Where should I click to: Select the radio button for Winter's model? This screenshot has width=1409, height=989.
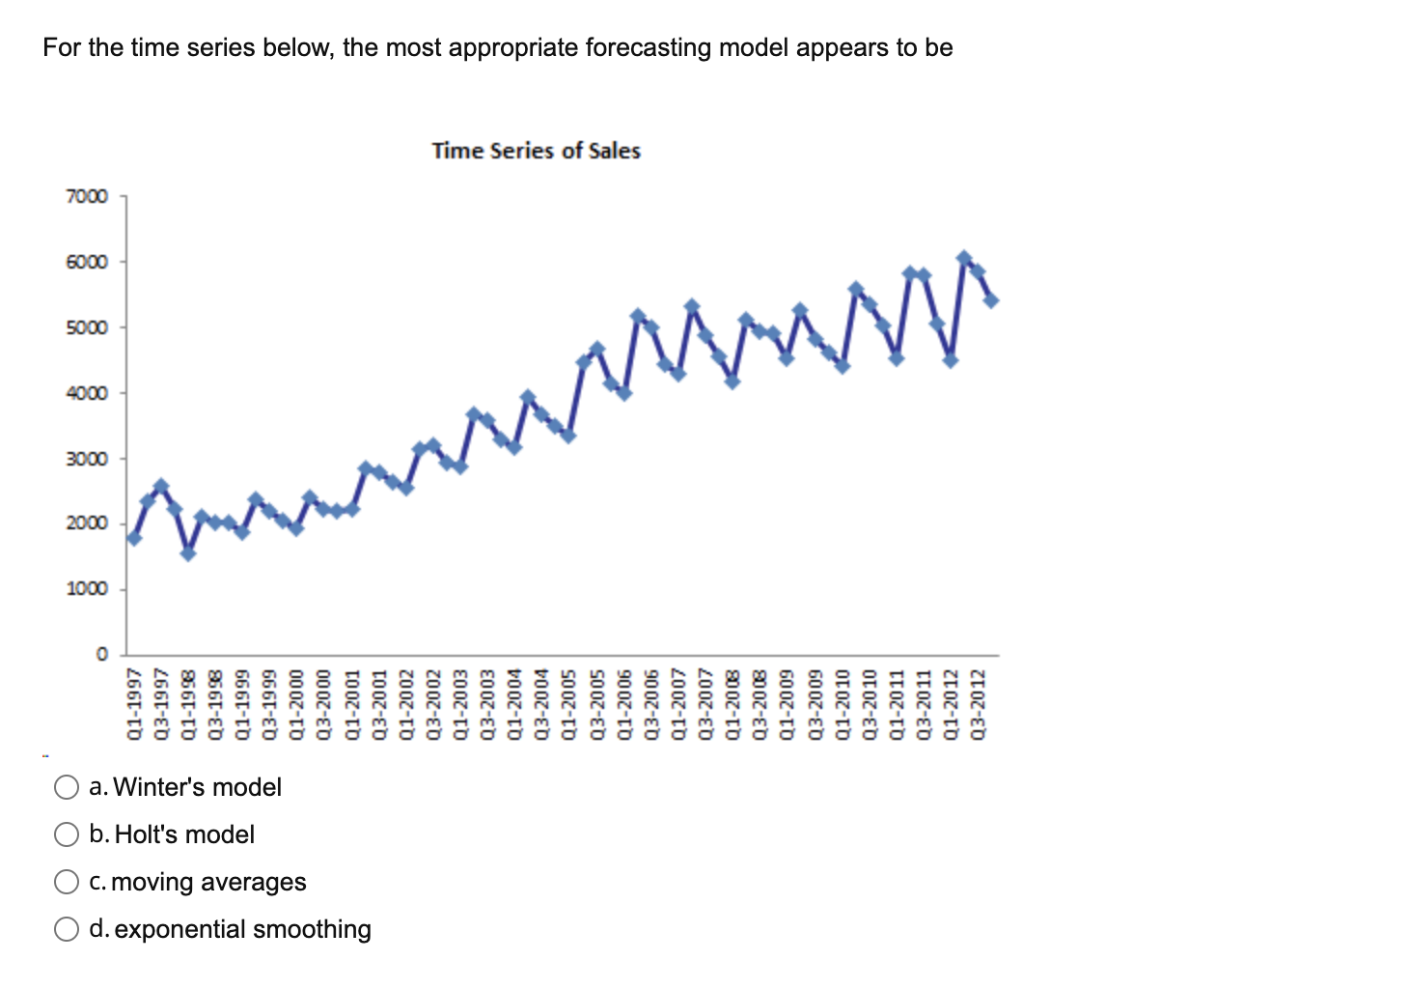coord(67,787)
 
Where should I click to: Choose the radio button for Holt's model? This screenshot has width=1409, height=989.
coord(67,834)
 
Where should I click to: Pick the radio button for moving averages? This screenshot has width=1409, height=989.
coord(67,882)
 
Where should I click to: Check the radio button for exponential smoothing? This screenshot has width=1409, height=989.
coord(67,929)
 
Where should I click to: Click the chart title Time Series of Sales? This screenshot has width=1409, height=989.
coord(536,151)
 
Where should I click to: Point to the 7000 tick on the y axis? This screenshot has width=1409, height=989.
coord(87,197)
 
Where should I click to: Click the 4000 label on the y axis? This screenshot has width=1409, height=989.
coord(87,393)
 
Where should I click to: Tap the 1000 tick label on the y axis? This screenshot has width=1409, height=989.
coord(87,589)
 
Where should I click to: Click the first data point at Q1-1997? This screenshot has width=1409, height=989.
coord(134,538)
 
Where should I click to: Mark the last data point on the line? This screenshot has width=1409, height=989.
coord(991,300)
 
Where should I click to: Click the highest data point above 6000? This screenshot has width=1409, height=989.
coord(964,258)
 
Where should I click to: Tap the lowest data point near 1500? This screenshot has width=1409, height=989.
coord(188,553)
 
